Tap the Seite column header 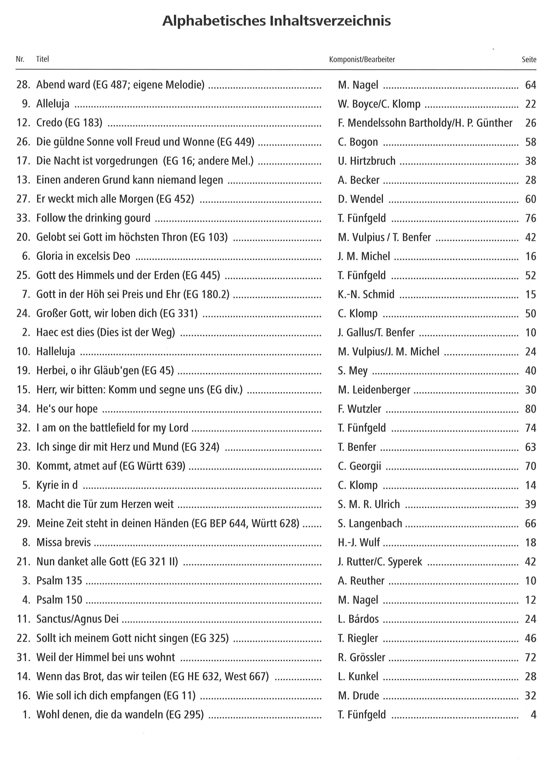529,60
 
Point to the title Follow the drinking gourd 93,218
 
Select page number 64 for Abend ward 530,85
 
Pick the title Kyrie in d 57,485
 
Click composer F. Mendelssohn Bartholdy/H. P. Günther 425,123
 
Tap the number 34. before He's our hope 24,409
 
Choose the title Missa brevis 63,542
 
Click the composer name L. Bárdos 358,619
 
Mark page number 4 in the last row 533,714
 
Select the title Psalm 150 59,600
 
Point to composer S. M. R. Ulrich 369,504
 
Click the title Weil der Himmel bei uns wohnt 106,657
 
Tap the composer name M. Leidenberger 374,390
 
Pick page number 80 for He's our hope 530,409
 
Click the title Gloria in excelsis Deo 83,256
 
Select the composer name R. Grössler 361,657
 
